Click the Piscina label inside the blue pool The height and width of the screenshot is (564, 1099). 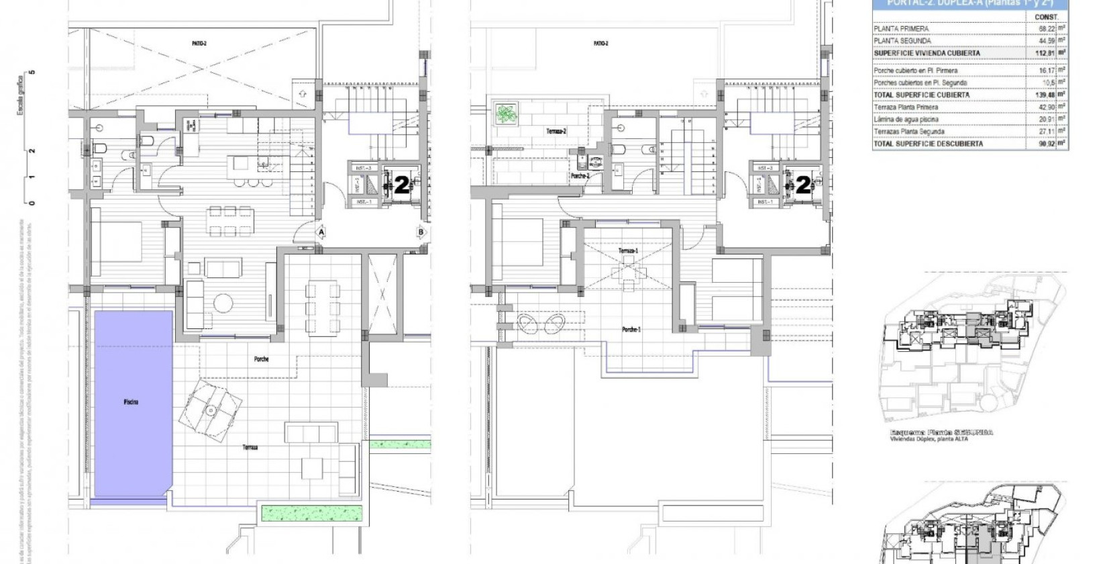pyautogui.click(x=131, y=402)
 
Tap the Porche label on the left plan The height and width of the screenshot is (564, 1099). pyautogui.click(x=262, y=359)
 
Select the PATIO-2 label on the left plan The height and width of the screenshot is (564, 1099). pyautogui.click(x=199, y=44)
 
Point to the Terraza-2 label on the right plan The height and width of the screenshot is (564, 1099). pyautogui.click(x=557, y=132)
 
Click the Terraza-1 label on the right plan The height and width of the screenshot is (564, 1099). pyautogui.click(x=629, y=250)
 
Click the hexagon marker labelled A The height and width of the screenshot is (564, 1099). pyautogui.click(x=321, y=232)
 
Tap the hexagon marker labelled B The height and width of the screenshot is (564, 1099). pyautogui.click(x=421, y=232)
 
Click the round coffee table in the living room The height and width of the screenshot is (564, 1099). pyautogui.click(x=223, y=303)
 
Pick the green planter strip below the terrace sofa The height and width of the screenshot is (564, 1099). pyautogui.click(x=313, y=513)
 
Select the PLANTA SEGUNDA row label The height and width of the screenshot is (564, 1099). pyautogui.click(x=902, y=41)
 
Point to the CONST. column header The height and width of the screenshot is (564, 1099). pyautogui.click(x=1046, y=17)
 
